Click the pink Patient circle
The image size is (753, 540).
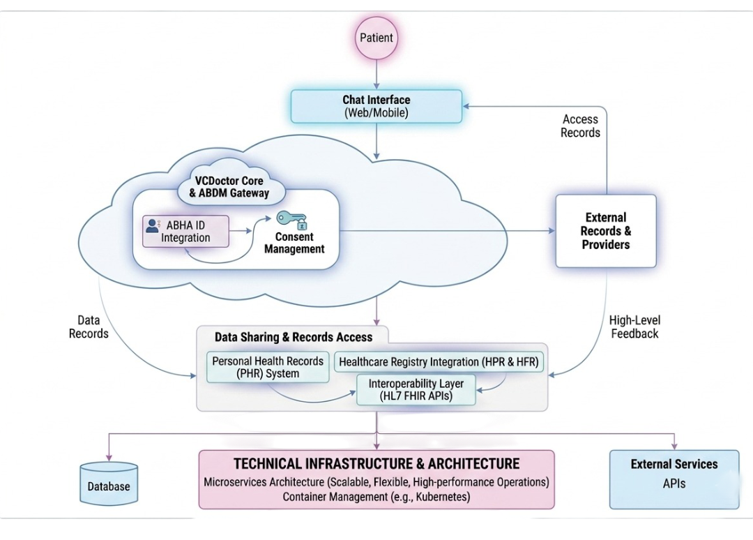pos(376,38)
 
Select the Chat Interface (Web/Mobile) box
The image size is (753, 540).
pos(376,106)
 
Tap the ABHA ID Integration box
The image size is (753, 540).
pos(186,231)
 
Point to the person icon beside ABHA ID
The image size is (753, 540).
pos(152,225)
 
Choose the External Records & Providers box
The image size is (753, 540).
pos(606,231)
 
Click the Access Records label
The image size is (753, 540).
pos(580,126)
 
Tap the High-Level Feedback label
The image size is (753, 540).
pos(634,327)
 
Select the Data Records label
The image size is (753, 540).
pos(89,327)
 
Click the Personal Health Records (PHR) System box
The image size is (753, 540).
pos(268,367)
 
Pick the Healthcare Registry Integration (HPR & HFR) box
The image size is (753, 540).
pos(440,362)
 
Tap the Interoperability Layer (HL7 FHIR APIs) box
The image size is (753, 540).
pos(406,390)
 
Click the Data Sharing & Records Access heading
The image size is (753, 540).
pos(293,337)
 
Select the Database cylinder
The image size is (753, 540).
pos(109,483)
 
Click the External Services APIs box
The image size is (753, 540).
pos(674,479)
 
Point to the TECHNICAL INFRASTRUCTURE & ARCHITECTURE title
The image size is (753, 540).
pos(376,464)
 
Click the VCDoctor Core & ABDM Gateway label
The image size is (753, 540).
pos(229,187)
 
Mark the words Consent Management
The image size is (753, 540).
pos(294,243)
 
